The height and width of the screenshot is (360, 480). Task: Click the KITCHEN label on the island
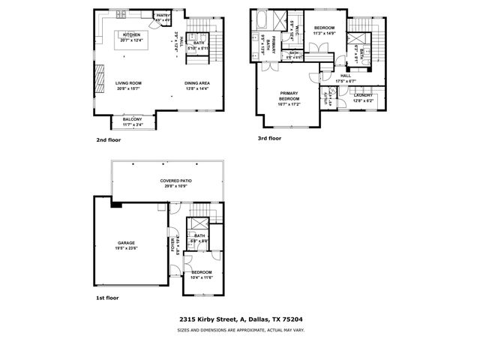pyautogui.click(x=132, y=35)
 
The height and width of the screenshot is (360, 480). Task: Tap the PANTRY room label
pyautogui.click(x=163, y=15)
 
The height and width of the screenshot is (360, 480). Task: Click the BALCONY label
pyautogui.click(x=132, y=120)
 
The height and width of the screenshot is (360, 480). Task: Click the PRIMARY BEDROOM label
pyautogui.click(x=289, y=97)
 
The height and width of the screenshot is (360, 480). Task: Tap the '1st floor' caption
pyautogui.click(x=107, y=298)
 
